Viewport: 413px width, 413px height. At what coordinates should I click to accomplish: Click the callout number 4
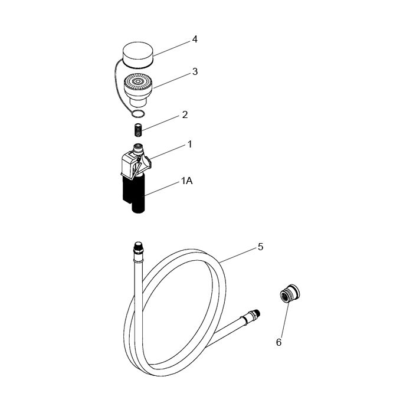[195, 40]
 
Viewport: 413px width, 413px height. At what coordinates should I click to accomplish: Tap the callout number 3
[195, 71]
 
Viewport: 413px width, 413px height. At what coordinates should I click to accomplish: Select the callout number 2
[185, 114]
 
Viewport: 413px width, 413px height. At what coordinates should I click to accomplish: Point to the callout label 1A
[187, 181]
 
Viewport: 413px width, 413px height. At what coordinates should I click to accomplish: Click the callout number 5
[261, 247]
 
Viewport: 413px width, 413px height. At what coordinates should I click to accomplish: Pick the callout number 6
[278, 342]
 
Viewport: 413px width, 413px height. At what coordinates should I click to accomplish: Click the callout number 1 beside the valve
[189, 145]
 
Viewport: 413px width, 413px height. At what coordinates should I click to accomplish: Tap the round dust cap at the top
[139, 54]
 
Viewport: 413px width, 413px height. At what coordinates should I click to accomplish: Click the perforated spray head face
[138, 81]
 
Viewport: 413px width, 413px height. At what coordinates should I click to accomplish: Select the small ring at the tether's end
[138, 114]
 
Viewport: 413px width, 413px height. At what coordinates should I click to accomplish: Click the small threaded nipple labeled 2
[138, 130]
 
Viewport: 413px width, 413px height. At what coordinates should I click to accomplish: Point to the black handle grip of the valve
[134, 194]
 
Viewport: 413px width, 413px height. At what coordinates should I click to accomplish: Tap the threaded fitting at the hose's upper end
[138, 248]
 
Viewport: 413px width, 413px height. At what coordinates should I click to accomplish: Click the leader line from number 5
[238, 255]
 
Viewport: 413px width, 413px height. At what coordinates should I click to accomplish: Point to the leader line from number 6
[284, 320]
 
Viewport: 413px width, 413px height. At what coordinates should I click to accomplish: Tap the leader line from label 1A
[162, 189]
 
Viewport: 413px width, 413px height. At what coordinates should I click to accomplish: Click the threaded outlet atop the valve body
[138, 149]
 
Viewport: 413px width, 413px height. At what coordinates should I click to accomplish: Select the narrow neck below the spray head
[137, 101]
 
